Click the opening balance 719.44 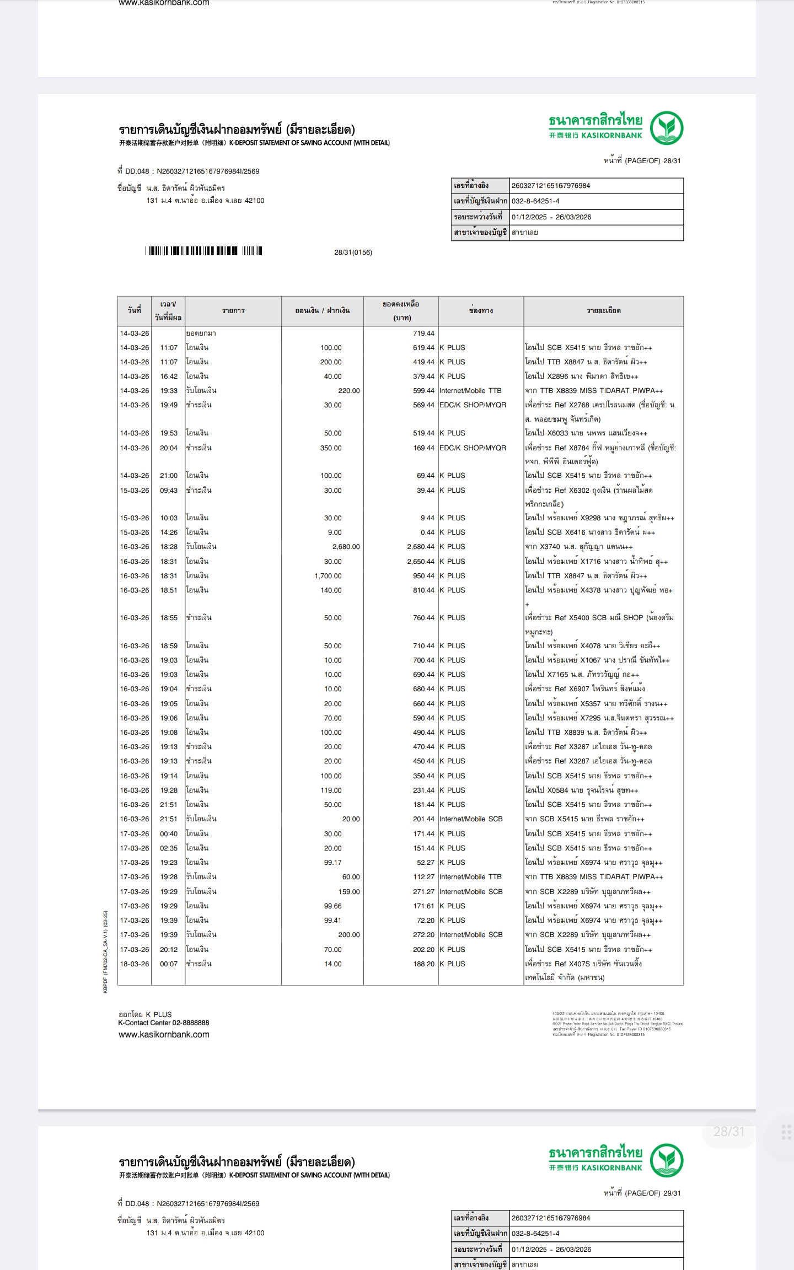(x=423, y=333)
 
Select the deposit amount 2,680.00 (x=346, y=547)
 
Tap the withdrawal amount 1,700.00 (x=328, y=576)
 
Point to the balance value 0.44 (x=427, y=532)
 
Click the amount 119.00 (x=331, y=790)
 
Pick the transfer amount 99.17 (x=332, y=863)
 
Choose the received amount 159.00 (x=349, y=891)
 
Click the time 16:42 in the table (x=169, y=376)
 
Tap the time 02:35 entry (x=169, y=848)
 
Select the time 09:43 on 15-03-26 (x=169, y=491)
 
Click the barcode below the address (x=204, y=251)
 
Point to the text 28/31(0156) (x=353, y=252)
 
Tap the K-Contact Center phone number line (x=164, y=1023)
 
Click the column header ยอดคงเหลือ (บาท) (x=401, y=311)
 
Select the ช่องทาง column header (x=481, y=311)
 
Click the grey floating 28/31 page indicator (x=729, y=1132)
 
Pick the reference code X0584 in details (x=557, y=790)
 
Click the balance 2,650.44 (x=421, y=562)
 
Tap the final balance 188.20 (x=423, y=964)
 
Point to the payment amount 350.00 (x=331, y=448)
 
